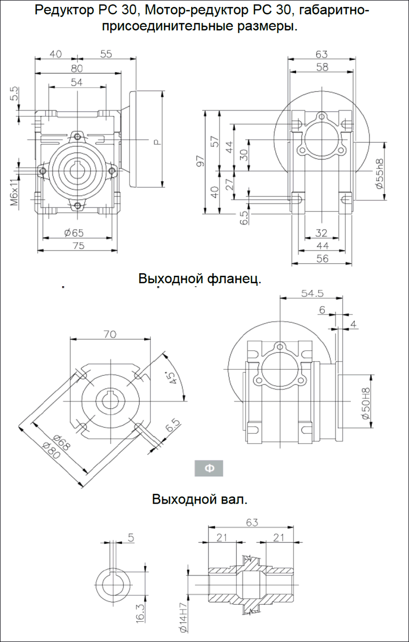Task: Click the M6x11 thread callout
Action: [x=14, y=193]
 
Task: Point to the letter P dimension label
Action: [x=157, y=142]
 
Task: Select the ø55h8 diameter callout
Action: [x=379, y=174]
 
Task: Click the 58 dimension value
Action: [x=321, y=67]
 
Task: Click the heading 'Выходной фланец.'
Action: [x=200, y=279]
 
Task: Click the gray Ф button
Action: [x=208, y=468]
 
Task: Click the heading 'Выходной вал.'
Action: [x=200, y=499]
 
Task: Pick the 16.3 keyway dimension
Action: [x=140, y=610]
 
